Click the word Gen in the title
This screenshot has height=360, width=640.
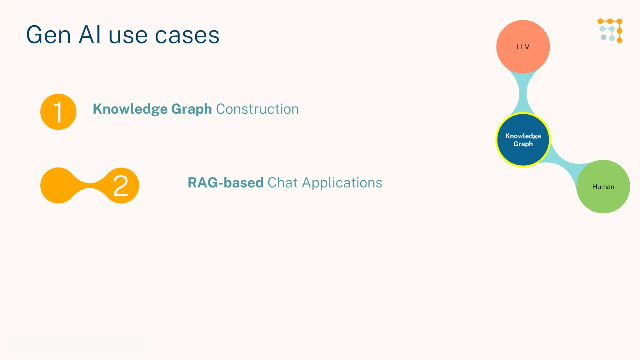coord(48,35)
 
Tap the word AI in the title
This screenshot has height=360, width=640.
coord(90,35)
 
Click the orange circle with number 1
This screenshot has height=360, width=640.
coord(58,112)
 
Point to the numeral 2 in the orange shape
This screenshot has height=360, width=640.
coord(121,186)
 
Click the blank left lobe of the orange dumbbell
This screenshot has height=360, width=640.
coord(58,186)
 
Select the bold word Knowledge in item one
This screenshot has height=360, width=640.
coord(130,109)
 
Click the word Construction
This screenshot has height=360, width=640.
coord(257,109)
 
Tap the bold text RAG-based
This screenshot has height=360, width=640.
coord(225,183)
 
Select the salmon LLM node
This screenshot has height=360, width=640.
coord(523,47)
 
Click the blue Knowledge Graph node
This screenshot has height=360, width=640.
coord(523,140)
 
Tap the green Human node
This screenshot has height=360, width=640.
coord(603,187)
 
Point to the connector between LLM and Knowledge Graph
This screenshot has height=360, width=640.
coord(523,93)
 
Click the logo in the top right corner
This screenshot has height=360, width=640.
coord(610,31)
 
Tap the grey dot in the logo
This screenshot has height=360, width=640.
coord(603,37)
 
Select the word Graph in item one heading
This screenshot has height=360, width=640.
coord(192,109)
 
